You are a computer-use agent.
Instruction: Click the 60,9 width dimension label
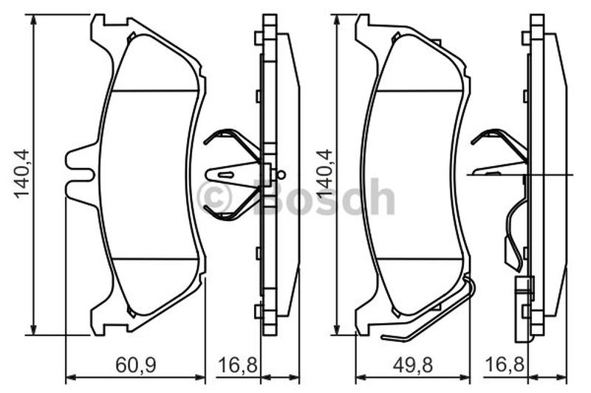click(x=136, y=365)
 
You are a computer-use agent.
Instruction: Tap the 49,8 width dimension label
click(x=413, y=365)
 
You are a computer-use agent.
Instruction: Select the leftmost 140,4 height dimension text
click(x=21, y=173)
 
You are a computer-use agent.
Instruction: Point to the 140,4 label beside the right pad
click(x=324, y=173)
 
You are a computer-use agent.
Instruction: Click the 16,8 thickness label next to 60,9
click(x=238, y=365)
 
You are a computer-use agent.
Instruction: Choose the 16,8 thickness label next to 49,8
click(x=505, y=364)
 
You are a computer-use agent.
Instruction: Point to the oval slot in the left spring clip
click(x=227, y=175)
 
